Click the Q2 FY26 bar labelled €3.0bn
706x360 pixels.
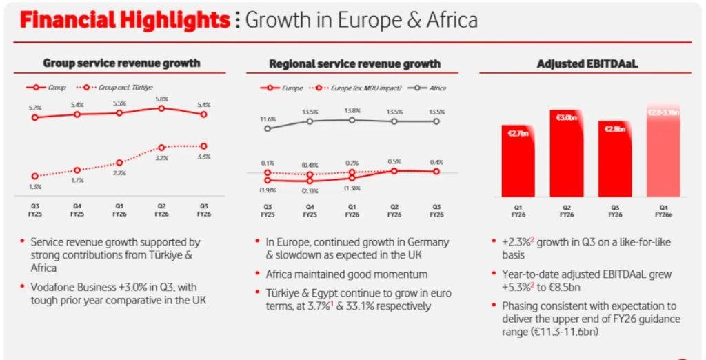click(567, 154)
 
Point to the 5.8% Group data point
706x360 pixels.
click(161, 108)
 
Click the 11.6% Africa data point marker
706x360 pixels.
click(268, 128)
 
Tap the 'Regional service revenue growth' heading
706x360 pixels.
click(354, 63)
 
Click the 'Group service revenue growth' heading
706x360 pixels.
click(121, 63)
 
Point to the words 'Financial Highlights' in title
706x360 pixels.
click(125, 19)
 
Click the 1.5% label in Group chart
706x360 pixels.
click(35, 187)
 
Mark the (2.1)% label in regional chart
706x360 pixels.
click(310, 191)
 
